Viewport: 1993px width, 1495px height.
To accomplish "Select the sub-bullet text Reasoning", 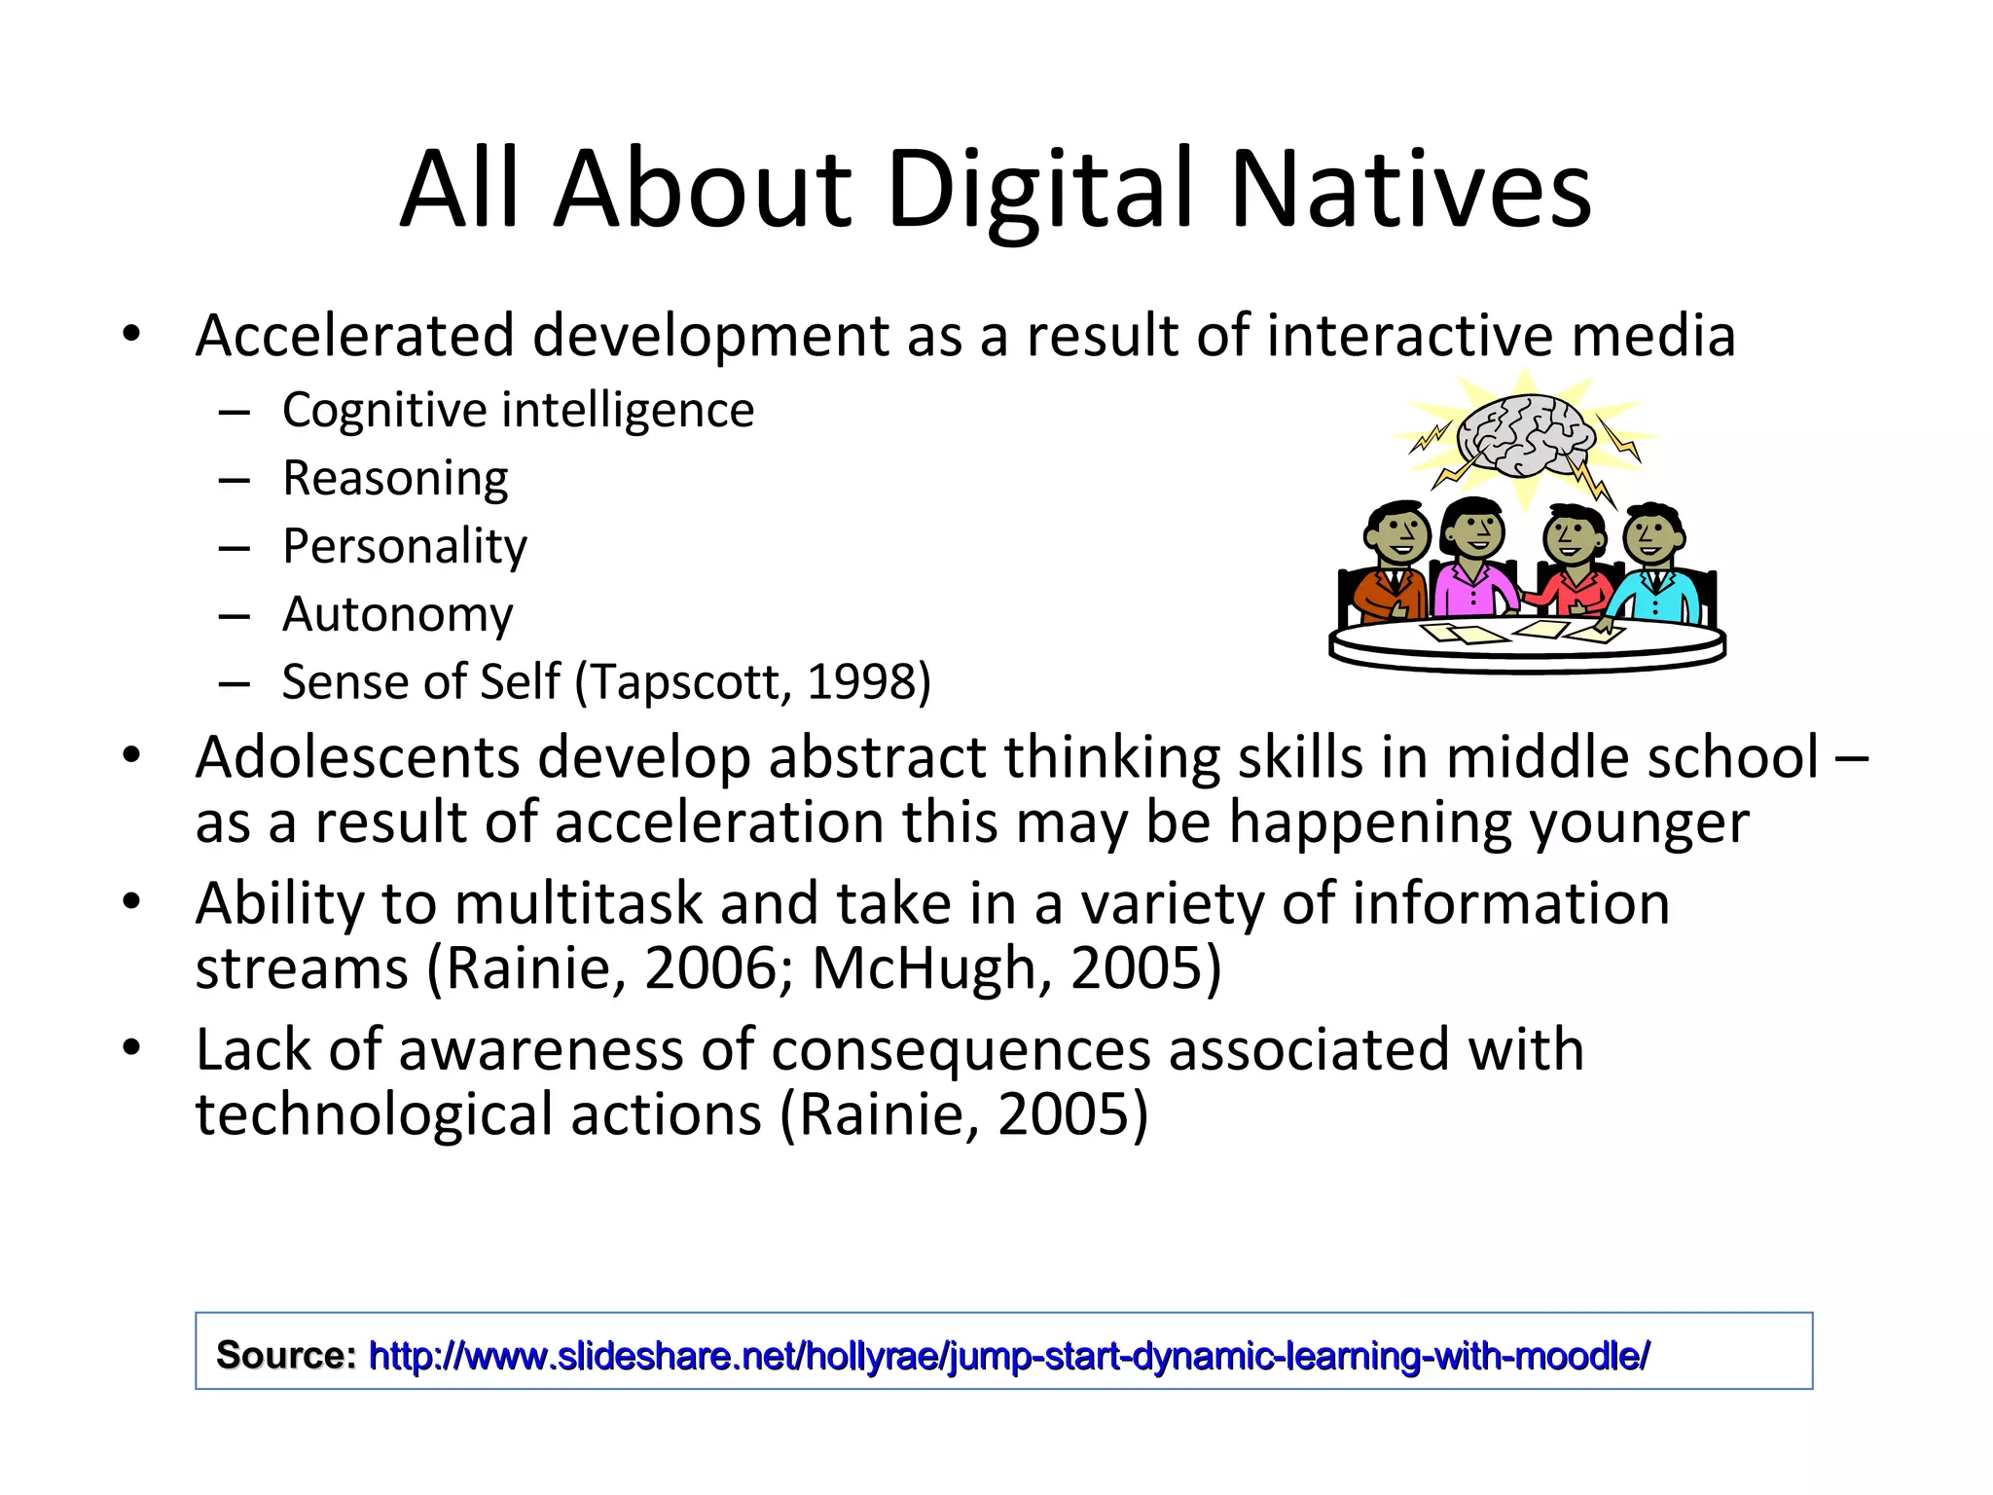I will pyautogui.click(x=395, y=478).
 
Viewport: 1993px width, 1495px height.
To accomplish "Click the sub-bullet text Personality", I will pyautogui.click(x=405, y=546).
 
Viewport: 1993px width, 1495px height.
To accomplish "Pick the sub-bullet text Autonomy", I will pyautogui.click(x=397, y=614).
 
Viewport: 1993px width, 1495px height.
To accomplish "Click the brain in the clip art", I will pyautogui.click(x=1525, y=435).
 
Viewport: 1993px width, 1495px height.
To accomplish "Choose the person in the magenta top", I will pyautogui.click(x=1471, y=565).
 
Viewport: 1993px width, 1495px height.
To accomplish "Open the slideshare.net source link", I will pyautogui.click(x=1009, y=1355).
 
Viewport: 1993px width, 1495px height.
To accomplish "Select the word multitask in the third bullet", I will pyautogui.click(x=578, y=903).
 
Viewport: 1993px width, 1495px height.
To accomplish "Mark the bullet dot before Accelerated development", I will pyautogui.click(x=132, y=335).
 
